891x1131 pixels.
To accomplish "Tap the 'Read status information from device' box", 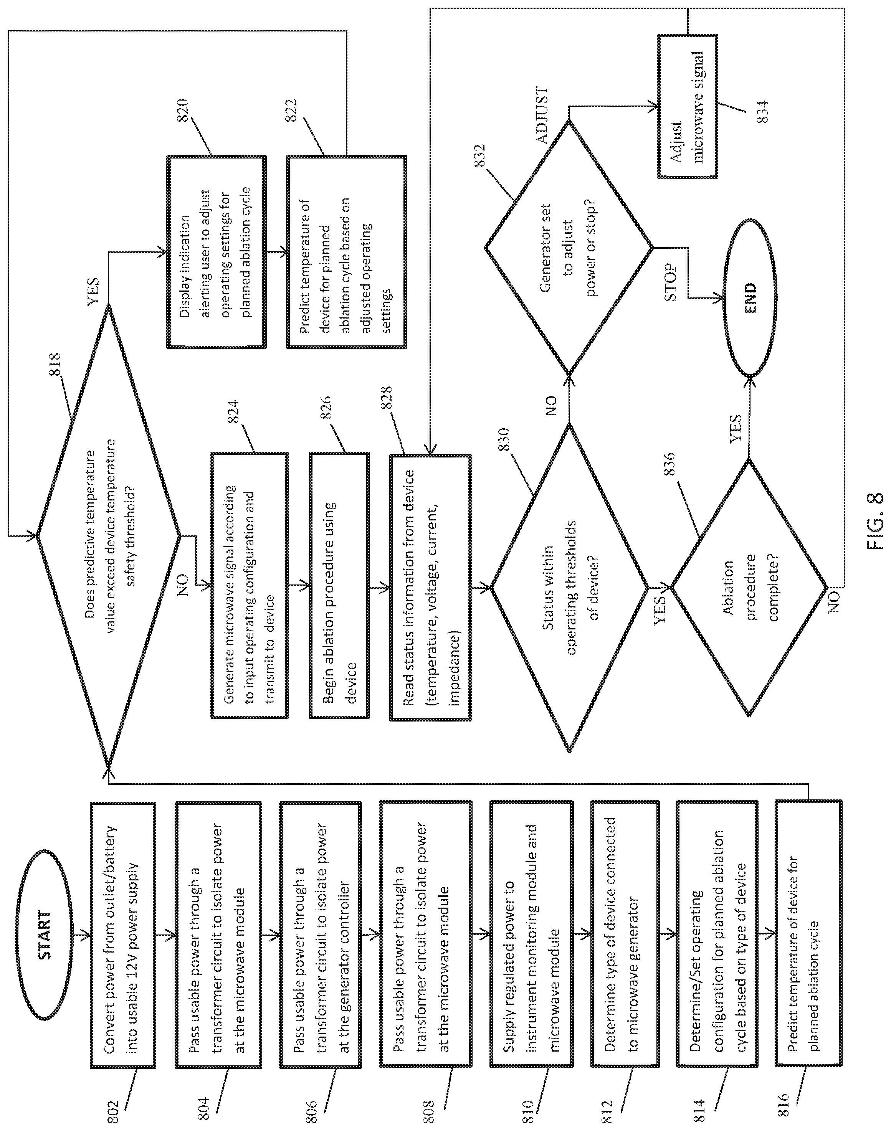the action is [430, 587].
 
